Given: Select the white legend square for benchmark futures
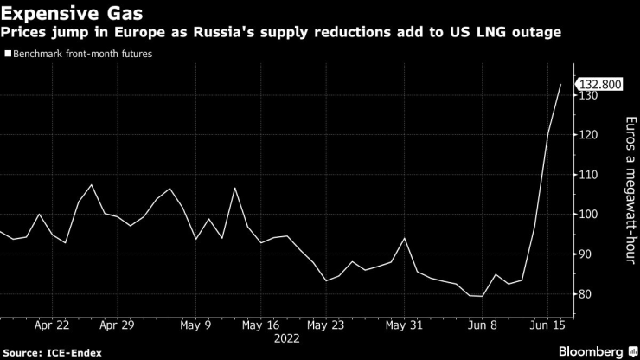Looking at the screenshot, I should (8, 54).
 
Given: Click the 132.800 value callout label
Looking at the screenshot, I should (600, 85).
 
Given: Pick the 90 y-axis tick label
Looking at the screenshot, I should (589, 254).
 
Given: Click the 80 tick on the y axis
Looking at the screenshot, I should (589, 294).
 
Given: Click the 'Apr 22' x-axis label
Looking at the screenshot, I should (53, 326).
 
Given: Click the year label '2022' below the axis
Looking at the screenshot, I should (287, 340).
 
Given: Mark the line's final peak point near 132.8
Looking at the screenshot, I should (561, 85).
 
